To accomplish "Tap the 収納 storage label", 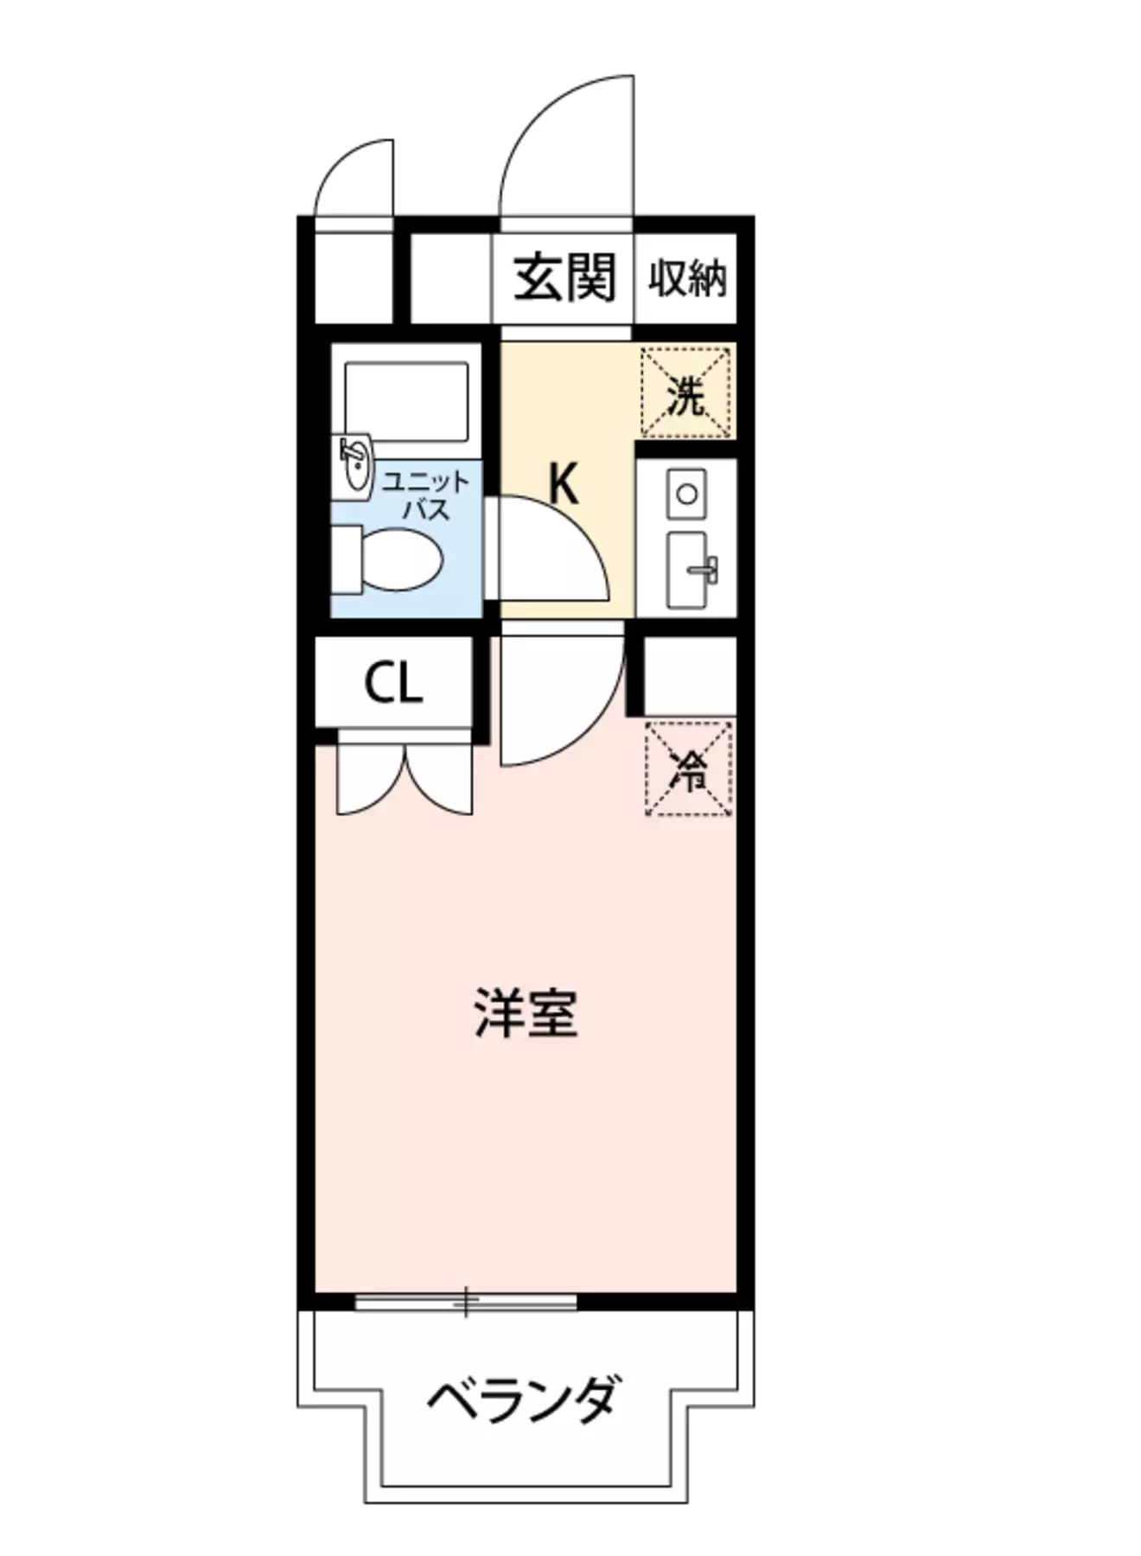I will [x=687, y=278].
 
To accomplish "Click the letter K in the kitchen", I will [x=564, y=485].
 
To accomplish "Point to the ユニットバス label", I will [x=426, y=495].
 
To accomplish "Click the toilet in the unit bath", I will [x=393, y=560].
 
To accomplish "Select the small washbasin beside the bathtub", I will [x=354, y=465].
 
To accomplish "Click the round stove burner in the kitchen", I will [x=687, y=494].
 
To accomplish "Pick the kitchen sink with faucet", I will [x=687, y=569].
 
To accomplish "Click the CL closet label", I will [x=393, y=685].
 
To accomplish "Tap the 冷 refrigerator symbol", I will [x=689, y=770].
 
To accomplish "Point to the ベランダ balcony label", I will [x=524, y=1398].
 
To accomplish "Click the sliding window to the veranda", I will [x=465, y=1301].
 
